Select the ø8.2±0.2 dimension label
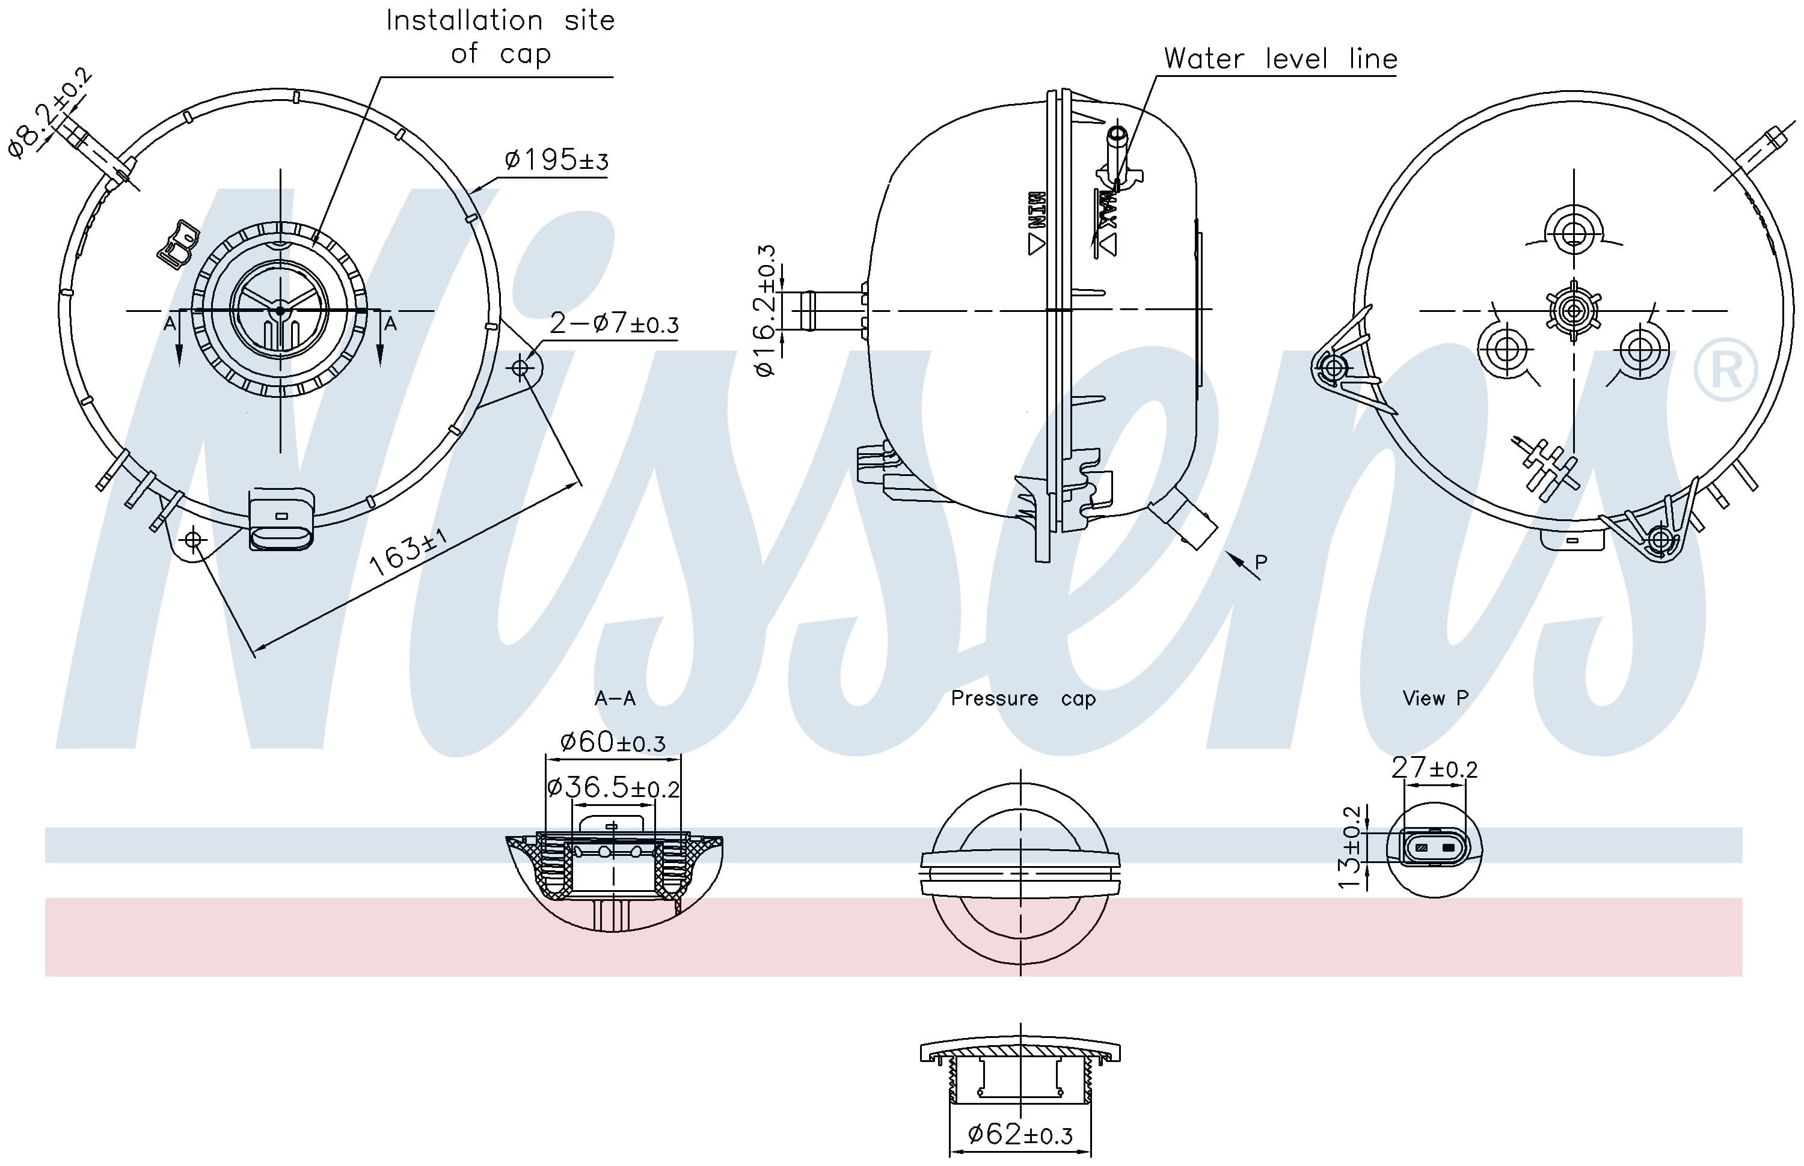point(50,114)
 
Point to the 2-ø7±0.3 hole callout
point(613,324)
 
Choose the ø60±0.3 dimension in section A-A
point(612,742)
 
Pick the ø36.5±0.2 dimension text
point(613,787)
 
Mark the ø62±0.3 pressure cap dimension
point(1019,1134)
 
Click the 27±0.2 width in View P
point(1434,769)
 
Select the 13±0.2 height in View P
point(1351,847)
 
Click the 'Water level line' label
point(1280,59)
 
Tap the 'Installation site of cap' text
point(500,36)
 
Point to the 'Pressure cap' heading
point(1022,698)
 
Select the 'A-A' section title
point(614,698)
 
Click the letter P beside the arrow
point(1261,562)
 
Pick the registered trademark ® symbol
point(1725,370)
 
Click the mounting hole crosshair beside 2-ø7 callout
point(520,368)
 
